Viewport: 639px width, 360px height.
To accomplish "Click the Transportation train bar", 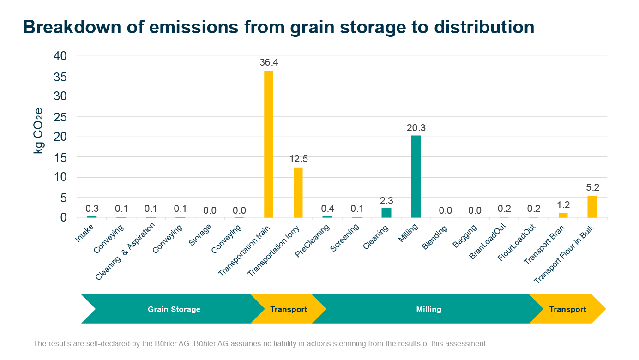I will tap(268, 144).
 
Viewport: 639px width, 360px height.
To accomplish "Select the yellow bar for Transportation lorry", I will tap(298, 192).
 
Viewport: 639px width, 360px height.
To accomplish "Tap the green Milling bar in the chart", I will tap(416, 176).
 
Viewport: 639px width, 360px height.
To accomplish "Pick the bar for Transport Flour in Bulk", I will tap(592, 207).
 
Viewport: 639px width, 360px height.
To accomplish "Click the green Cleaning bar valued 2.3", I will tap(386, 212).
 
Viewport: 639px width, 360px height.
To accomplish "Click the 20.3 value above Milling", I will tap(416, 128).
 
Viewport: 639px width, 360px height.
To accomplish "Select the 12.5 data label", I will tap(298, 159).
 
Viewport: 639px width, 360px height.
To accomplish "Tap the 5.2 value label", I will tap(592, 188).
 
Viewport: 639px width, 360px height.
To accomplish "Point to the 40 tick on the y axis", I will tap(60, 56).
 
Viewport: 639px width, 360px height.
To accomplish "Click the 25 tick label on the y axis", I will tap(60, 117).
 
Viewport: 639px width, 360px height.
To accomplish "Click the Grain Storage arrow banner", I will tap(174, 309).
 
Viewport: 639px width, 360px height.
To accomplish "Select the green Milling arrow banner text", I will tap(428, 309).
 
